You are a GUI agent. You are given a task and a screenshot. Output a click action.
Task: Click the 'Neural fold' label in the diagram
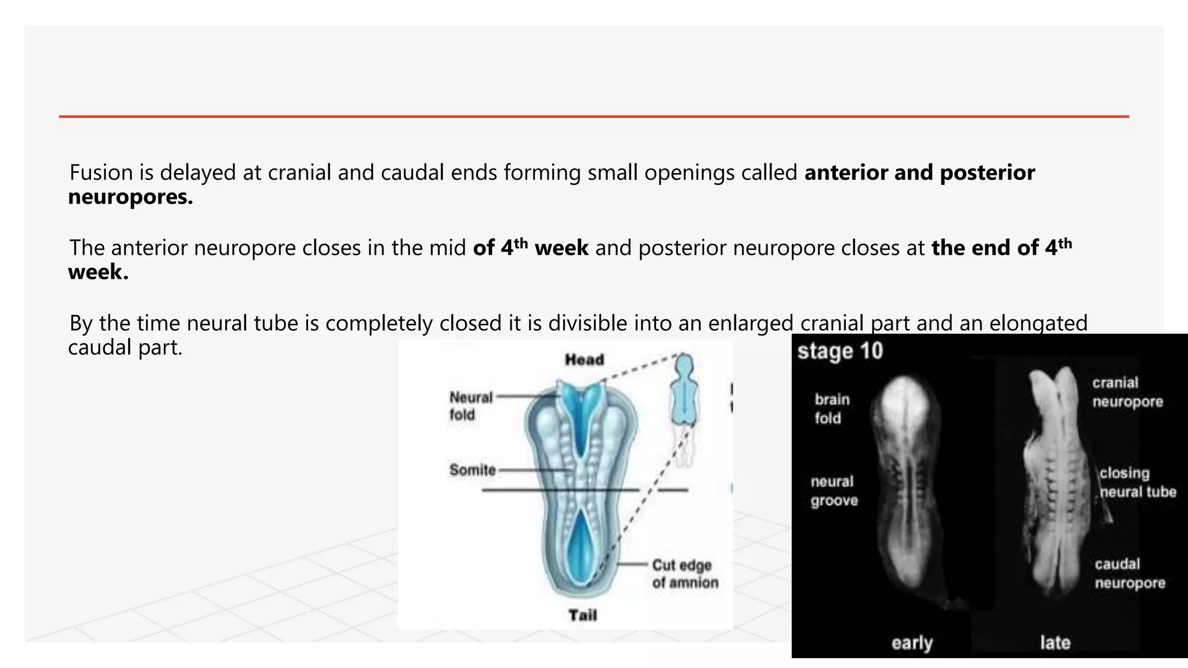click(470, 406)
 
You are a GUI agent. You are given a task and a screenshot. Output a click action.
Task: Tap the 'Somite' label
click(472, 470)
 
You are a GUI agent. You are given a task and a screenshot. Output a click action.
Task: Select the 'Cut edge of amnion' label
click(684, 573)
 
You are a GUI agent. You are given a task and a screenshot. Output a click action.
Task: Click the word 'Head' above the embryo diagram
click(584, 360)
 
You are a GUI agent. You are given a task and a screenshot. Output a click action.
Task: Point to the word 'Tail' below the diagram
click(582, 615)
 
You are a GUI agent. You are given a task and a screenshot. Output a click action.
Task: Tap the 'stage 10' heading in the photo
click(839, 351)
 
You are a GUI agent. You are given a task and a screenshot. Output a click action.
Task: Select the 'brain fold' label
click(832, 408)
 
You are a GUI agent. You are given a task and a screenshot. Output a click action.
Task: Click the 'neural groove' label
click(834, 491)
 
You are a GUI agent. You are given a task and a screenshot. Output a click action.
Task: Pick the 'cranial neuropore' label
click(1127, 392)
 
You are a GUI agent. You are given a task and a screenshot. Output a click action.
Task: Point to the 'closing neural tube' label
click(1136, 482)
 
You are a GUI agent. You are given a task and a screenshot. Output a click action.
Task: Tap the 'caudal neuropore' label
click(1129, 573)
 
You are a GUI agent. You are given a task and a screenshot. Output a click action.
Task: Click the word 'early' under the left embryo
click(912, 642)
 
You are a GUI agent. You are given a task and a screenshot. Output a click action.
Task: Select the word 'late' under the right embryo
click(1055, 642)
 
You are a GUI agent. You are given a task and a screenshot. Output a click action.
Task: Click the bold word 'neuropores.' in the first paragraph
click(131, 197)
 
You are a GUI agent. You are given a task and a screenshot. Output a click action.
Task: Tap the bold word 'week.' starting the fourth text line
click(98, 272)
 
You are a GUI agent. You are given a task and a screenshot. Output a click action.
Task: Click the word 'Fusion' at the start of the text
click(101, 173)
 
